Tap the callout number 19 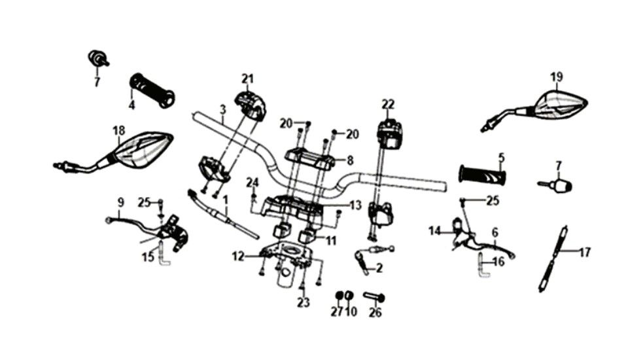pos(557,77)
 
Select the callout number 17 pos(585,253)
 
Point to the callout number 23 pos(304,302)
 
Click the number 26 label pos(375,312)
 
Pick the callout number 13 pos(356,206)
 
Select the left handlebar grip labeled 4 pos(152,90)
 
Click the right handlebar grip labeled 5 pos(482,174)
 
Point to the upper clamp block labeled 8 pos(307,158)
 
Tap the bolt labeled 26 pos(374,297)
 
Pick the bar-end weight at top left pos(97,58)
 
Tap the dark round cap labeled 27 pos(339,296)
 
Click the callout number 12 pos(238,256)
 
